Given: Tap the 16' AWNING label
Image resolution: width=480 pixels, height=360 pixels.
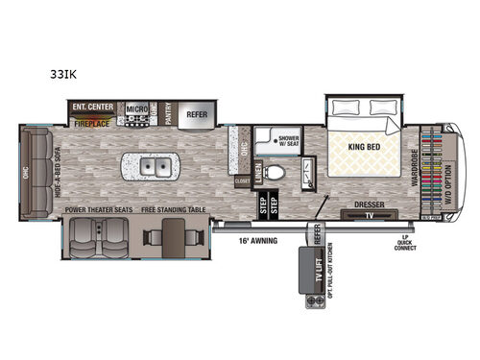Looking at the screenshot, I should click(260, 242).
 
